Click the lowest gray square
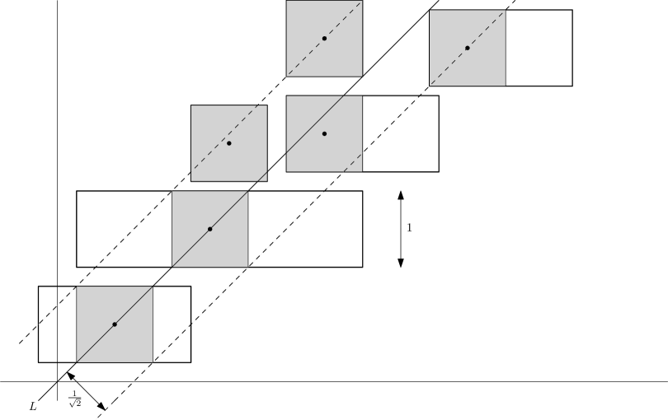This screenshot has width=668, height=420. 115,324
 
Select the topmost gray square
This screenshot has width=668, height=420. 324,38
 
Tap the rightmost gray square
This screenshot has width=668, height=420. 467,48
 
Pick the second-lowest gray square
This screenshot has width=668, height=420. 209,229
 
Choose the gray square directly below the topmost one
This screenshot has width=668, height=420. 324,133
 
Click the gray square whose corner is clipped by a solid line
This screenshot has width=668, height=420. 228,143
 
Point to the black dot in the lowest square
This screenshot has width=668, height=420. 115,324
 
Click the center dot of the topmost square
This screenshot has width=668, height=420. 324,38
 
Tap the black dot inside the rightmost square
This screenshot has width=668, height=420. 467,48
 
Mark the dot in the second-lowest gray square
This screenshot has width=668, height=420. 209,229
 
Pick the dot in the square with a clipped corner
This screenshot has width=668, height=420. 228,143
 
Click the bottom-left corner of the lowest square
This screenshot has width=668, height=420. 77,362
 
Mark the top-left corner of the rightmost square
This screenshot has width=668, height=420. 430,11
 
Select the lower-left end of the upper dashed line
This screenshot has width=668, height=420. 24,338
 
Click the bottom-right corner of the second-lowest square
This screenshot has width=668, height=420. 247,266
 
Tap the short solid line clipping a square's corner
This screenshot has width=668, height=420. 262,175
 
